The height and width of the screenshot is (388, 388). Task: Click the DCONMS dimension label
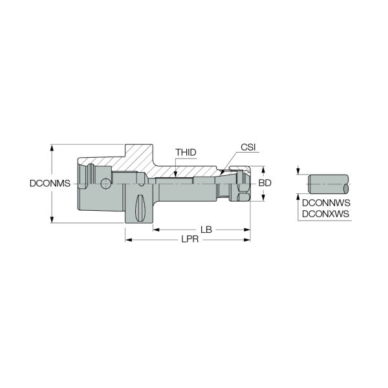pos(50,184)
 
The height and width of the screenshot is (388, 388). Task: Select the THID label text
pos(186,153)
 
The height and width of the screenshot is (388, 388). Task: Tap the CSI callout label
pos(248,147)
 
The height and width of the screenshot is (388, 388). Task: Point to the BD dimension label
pos(264,183)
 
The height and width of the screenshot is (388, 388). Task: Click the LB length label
pos(206,230)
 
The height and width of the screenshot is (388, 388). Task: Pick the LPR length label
pos(189,239)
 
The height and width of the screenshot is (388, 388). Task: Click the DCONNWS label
pos(326,203)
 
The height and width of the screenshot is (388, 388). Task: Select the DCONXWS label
pos(326,214)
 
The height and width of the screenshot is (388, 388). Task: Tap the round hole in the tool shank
pos(105,184)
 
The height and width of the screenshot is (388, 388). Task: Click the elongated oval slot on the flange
pos(140,208)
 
